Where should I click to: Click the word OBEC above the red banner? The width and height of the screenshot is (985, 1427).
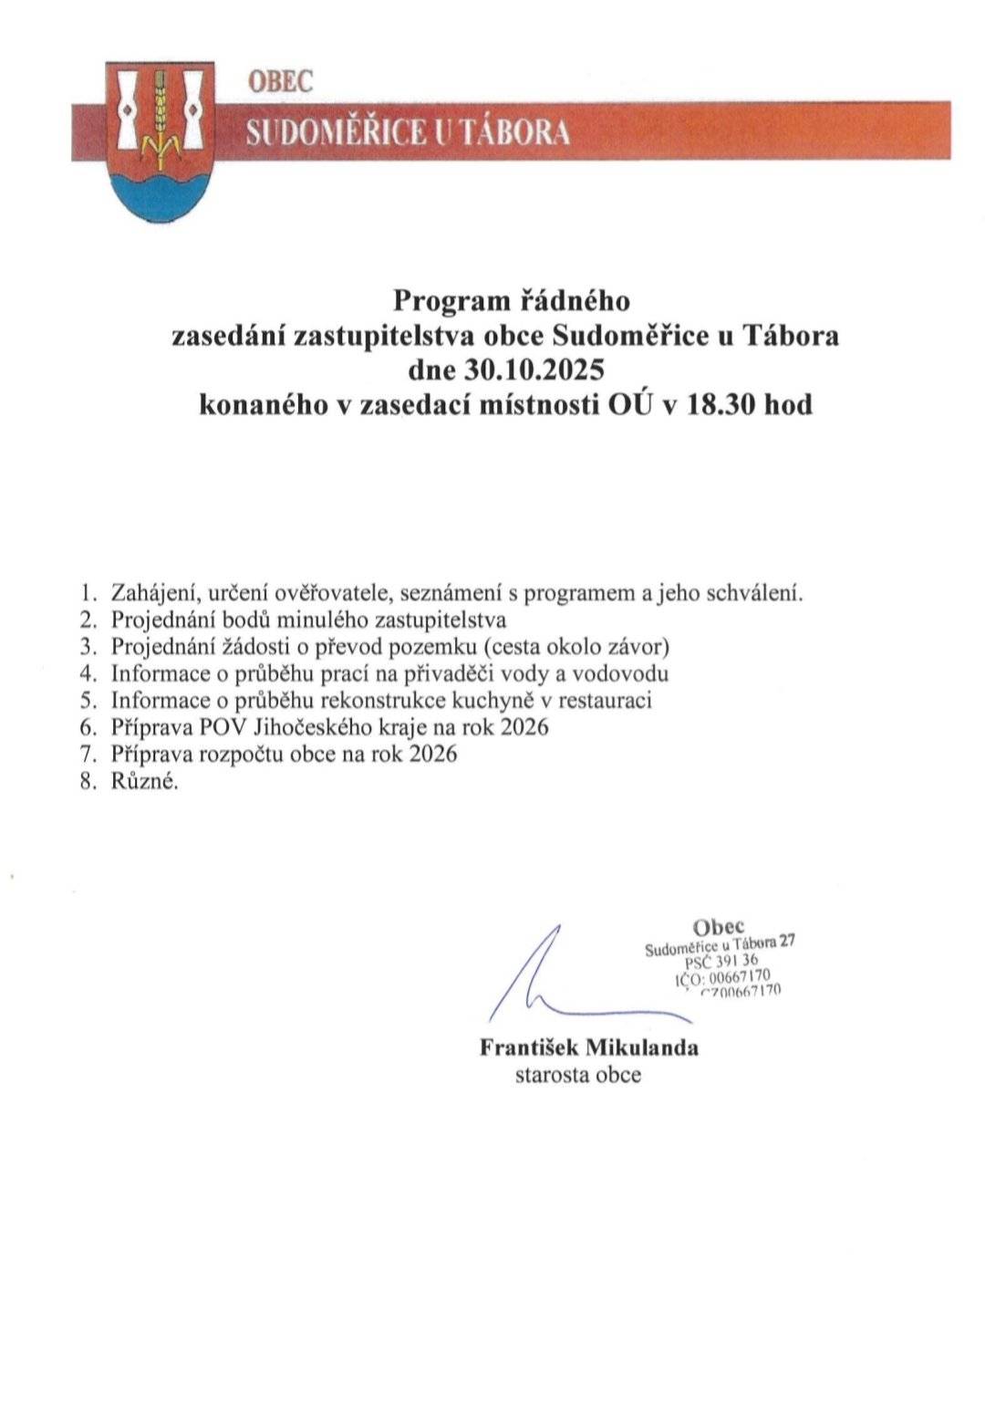point(280,81)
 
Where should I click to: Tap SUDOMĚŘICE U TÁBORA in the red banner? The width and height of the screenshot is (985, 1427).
point(408,132)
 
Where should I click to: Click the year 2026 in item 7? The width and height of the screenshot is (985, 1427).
point(433,754)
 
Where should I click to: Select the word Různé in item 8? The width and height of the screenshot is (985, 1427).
point(144,781)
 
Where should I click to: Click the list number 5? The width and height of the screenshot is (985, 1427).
point(88,700)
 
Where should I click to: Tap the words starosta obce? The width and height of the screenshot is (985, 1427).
point(577,1075)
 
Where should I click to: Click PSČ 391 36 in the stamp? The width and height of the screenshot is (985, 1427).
point(721,961)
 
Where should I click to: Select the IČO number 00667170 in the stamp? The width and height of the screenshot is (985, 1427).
point(739,976)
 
